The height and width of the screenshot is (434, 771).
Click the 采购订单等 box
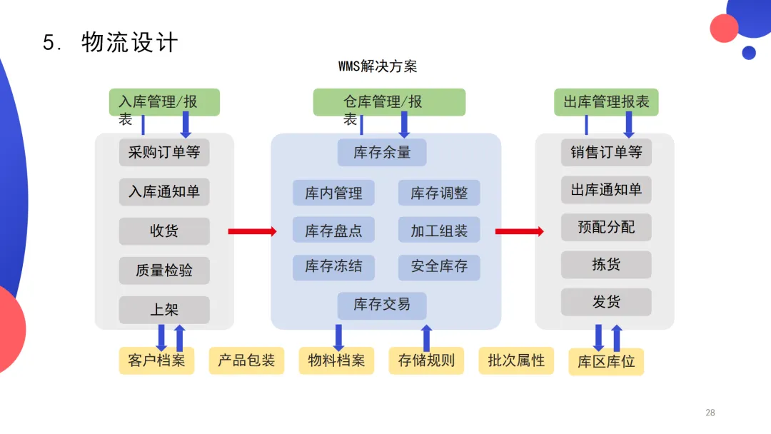point(164,152)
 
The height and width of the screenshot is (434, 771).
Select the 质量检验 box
point(164,271)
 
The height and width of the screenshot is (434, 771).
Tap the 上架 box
point(164,310)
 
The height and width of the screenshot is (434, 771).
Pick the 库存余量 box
point(382,153)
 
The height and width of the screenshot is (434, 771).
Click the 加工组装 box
point(439,231)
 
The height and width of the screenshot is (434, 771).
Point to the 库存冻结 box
point(333,267)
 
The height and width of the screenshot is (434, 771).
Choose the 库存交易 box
point(382,305)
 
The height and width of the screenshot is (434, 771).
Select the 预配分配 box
point(606,227)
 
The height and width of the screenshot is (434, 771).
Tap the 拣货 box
point(606,265)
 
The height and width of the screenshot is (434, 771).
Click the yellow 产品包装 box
point(246,360)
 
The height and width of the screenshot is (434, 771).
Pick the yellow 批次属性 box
point(516,360)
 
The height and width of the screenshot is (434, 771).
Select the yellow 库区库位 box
point(606,362)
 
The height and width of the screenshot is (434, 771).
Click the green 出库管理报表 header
point(606,102)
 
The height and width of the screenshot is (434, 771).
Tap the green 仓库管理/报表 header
point(389,102)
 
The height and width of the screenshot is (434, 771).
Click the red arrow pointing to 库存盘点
point(252,231)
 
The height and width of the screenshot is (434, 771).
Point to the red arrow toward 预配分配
point(519,231)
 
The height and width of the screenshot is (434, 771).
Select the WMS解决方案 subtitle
point(378,67)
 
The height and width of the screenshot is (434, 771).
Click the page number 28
point(710,413)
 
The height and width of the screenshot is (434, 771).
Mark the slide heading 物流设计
point(129,42)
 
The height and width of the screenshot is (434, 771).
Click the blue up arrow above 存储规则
point(427,337)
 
